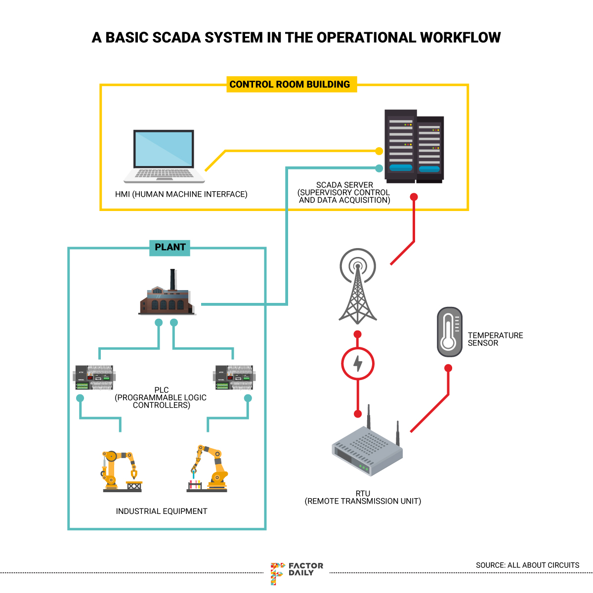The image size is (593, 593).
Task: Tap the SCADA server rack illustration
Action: click(x=414, y=146)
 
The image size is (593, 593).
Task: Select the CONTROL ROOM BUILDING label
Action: click(x=290, y=85)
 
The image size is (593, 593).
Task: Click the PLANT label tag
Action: click(x=170, y=247)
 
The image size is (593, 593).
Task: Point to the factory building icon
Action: click(x=167, y=296)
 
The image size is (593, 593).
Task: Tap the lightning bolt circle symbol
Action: click(x=358, y=364)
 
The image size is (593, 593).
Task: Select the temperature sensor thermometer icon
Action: click(x=449, y=332)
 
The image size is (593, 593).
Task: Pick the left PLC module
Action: click(x=93, y=378)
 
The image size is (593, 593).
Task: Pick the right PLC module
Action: click(x=234, y=378)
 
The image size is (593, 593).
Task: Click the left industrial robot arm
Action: click(x=122, y=471)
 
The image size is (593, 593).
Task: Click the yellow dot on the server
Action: click(x=379, y=151)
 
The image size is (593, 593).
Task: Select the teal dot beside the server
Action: click(x=379, y=168)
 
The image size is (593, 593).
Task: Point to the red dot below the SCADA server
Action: click(x=414, y=197)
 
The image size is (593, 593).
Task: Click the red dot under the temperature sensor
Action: click(x=448, y=368)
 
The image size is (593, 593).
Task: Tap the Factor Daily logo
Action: click(x=296, y=572)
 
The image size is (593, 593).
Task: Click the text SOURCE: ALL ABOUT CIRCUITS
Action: click(x=527, y=565)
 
